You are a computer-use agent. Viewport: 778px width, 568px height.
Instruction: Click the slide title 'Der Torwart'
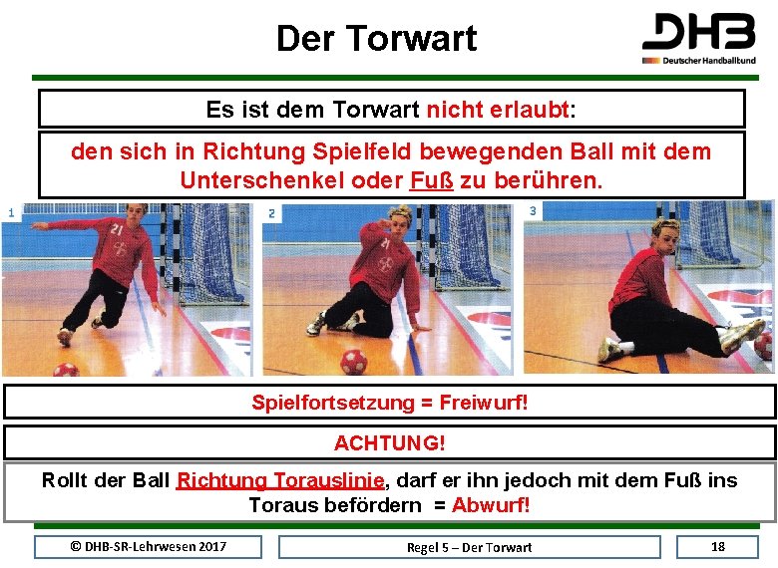pos(376,39)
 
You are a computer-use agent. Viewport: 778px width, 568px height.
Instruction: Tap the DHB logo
pos(698,38)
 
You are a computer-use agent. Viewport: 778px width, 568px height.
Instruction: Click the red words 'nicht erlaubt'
pos(499,110)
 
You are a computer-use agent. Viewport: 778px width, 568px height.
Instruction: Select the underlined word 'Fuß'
pos(432,181)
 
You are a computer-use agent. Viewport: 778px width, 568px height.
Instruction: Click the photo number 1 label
pos(11,212)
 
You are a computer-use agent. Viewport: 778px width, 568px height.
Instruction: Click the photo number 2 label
pos(272,213)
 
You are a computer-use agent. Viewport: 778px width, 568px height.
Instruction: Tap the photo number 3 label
pos(534,211)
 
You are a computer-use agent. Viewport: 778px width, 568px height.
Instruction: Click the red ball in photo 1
pos(66,370)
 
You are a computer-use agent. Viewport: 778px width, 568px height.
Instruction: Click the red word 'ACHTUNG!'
pos(390,441)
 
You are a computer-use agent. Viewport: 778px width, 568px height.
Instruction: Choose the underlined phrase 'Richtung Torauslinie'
pos(280,480)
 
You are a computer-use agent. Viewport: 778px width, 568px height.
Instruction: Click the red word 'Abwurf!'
pos(491,504)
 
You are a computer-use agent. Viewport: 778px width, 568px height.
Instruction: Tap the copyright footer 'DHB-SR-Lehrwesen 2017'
pos(148,546)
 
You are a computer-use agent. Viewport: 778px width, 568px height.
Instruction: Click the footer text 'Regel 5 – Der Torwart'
pos(469,547)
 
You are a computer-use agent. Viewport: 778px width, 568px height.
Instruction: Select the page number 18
pos(718,546)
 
